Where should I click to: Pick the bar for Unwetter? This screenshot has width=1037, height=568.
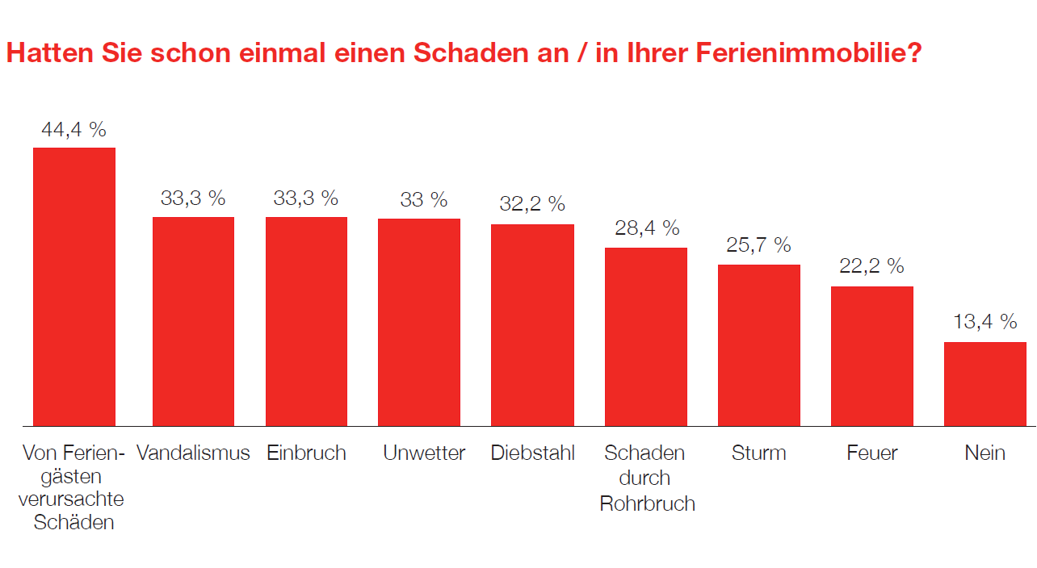[x=419, y=322]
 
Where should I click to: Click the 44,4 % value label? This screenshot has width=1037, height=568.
[x=73, y=129]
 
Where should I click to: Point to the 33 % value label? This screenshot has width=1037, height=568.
[x=423, y=199]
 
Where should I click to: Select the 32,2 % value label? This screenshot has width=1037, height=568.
[x=532, y=204]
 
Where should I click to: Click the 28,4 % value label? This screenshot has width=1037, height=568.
[x=647, y=228]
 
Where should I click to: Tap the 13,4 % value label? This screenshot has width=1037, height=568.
[x=985, y=322]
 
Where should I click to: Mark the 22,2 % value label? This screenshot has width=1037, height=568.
[x=871, y=266]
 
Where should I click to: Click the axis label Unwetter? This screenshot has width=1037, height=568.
[x=424, y=453]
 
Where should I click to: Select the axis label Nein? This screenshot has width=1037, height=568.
[x=985, y=453]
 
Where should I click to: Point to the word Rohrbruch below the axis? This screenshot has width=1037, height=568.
[x=647, y=503]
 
